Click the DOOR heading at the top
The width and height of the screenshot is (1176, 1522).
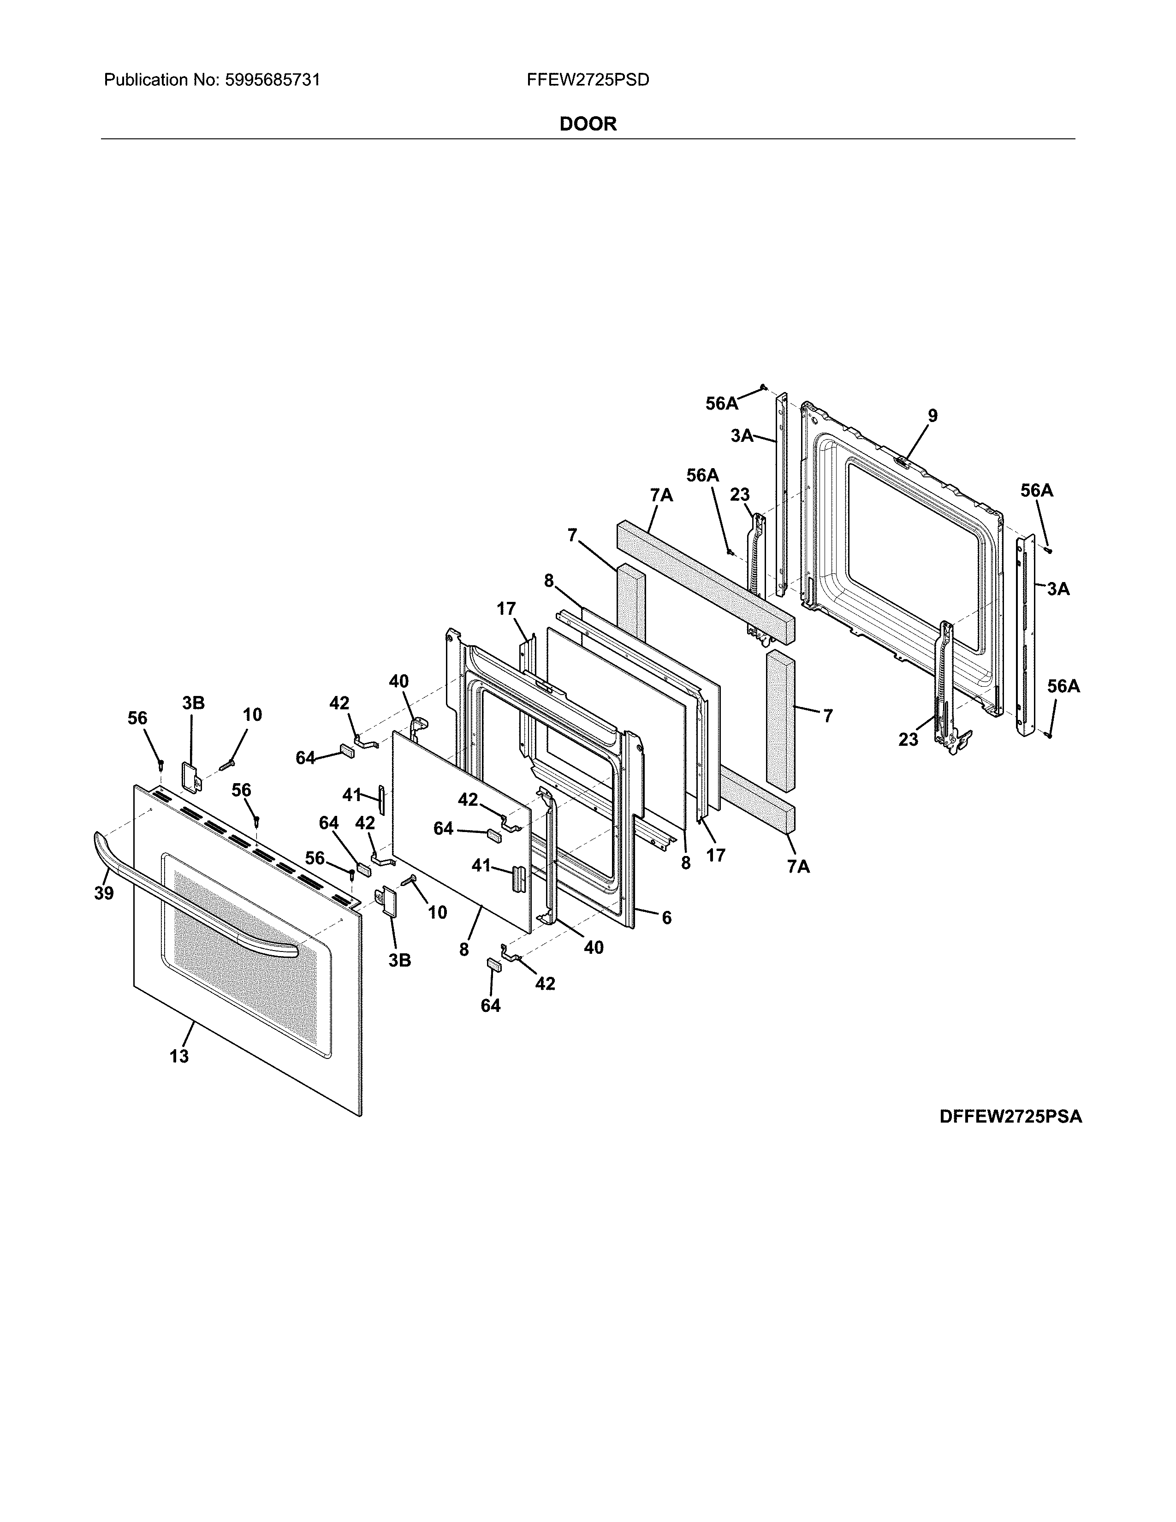[588, 124]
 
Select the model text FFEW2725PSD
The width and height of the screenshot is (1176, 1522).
[588, 80]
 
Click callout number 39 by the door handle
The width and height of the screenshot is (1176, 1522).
[104, 893]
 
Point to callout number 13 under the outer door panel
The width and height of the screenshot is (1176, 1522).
[179, 1057]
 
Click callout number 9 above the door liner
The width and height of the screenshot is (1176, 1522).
[932, 416]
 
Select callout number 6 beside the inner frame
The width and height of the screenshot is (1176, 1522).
[667, 918]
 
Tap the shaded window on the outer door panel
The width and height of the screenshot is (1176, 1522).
[244, 955]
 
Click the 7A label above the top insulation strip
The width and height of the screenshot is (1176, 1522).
[661, 495]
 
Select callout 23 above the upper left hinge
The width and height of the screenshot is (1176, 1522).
[740, 495]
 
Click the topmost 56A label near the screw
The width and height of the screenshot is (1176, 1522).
[721, 404]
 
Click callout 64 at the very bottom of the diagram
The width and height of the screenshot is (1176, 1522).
[491, 1005]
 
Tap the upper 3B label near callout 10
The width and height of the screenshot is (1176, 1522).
[194, 703]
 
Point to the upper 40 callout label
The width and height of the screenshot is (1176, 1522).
[398, 682]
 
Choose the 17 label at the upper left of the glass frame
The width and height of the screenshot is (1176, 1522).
[506, 609]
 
